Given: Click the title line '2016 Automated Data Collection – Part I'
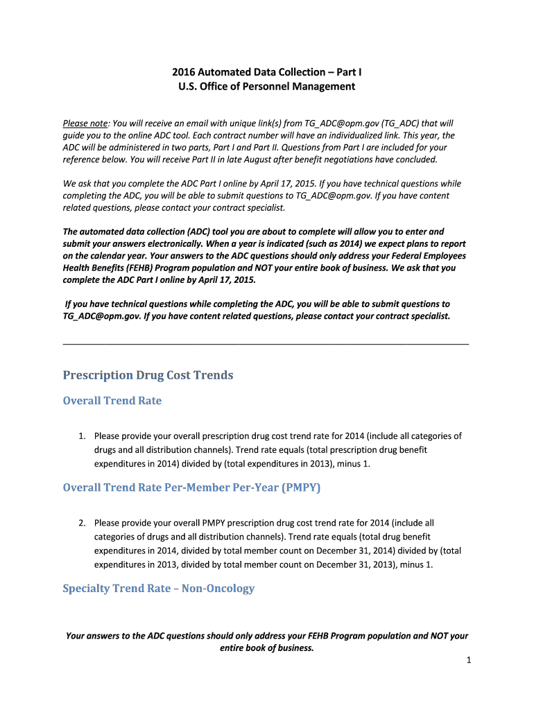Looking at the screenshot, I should tap(267, 72).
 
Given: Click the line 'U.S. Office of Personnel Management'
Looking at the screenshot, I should tap(267, 87).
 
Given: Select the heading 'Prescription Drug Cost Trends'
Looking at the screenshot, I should tap(148, 375).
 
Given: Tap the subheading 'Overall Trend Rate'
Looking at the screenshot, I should tap(112, 401).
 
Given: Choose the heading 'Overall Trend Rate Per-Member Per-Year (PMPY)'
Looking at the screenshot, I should tap(191, 487).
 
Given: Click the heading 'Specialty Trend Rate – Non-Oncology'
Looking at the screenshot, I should tap(158, 588).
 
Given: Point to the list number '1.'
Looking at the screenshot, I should tap(82, 436).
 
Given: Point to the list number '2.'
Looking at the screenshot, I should tap(82, 523).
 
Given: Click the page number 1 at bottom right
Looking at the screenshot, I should tap(469, 661).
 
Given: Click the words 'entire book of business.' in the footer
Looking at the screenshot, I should tap(267, 648).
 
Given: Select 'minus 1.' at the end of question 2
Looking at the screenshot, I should tap(417, 564).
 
